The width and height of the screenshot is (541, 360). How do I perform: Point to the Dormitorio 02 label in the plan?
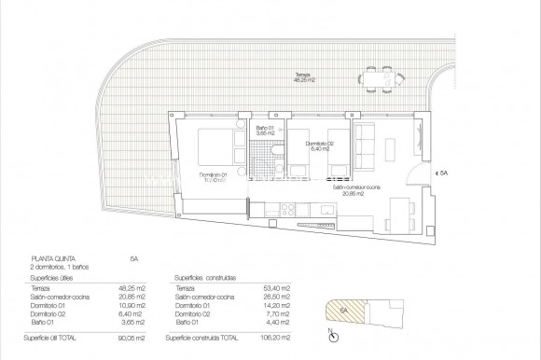click(319, 144)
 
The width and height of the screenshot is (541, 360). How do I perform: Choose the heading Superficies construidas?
click(205, 277)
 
